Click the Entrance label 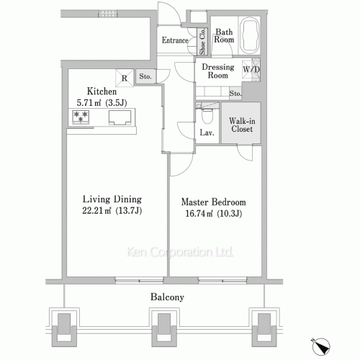click(175, 40)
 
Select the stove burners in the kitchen click(80, 116)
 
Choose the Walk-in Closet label click(240, 127)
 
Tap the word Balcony click(166, 297)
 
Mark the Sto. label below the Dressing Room click(235, 94)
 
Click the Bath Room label click(223, 36)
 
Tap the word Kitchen click(101, 91)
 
